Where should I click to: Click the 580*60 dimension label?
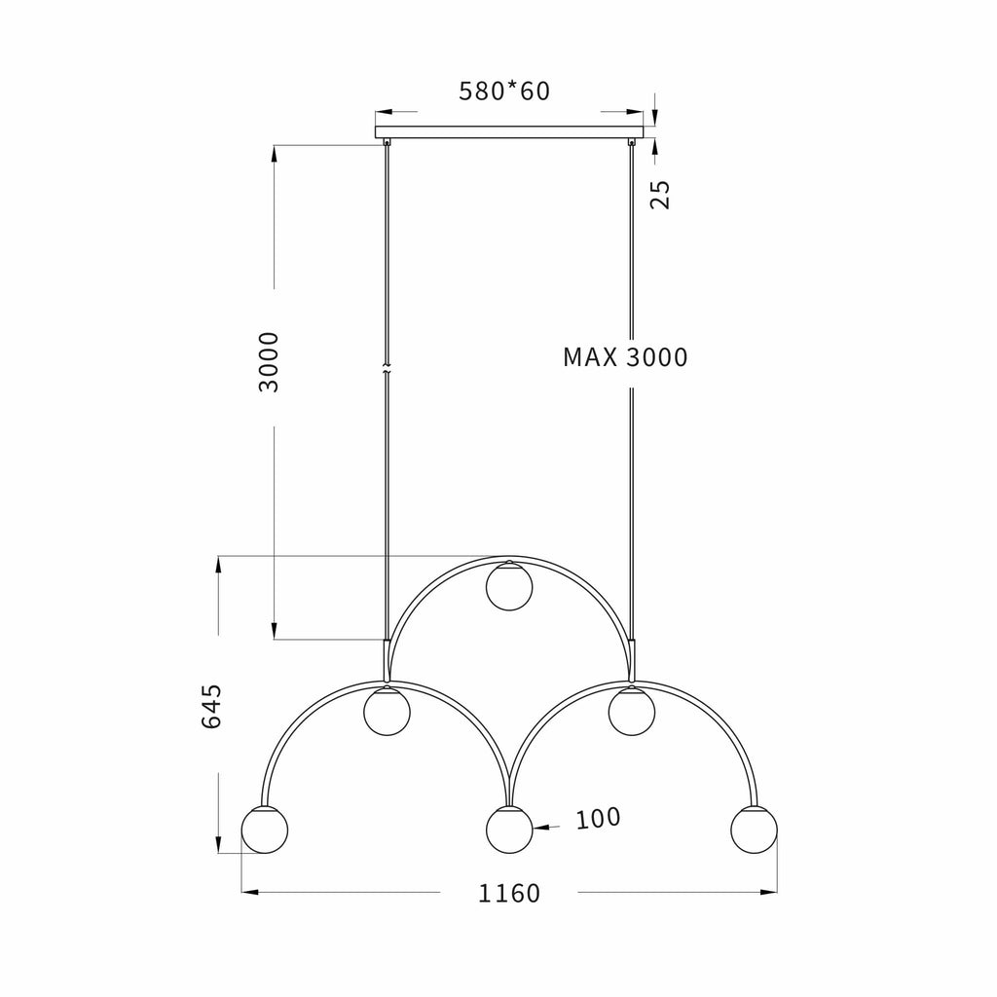tap(504, 91)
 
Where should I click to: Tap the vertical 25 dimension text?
tap(660, 194)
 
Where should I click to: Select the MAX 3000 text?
tap(625, 357)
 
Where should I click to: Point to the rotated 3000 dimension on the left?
tap(269, 362)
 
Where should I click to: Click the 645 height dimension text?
tap(211, 707)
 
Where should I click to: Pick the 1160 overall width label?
tap(508, 894)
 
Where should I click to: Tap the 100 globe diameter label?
tap(598, 818)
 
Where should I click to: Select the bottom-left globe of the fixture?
tap(265, 830)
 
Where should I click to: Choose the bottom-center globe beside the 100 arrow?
tap(508, 830)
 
